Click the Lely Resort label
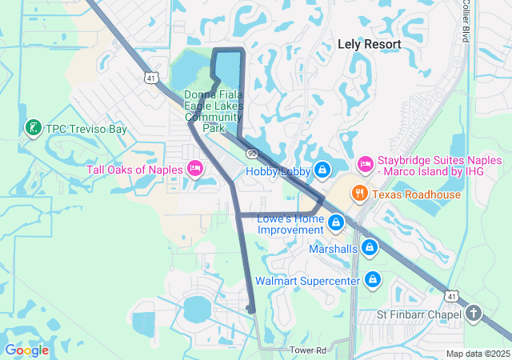pyautogui.click(x=368, y=45)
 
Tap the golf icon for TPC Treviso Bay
pyautogui.click(x=33, y=128)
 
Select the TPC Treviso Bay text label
pyautogui.click(x=86, y=129)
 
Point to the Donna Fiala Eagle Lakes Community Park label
pyautogui.click(x=213, y=110)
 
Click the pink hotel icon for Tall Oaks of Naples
pyautogui.click(x=194, y=168)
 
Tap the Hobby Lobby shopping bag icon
pyautogui.click(x=322, y=170)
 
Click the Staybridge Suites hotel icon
pyautogui.click(x=365, y=164)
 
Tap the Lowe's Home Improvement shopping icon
pyautogui.click(x=337, y=222)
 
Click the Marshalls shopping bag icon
pyautogui.click(x=370, y=249)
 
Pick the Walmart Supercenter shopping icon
pyautogui.click(x=372, y=280)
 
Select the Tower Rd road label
pyautogui.click(x=309, y=350)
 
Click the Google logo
pyautogui.click(x=26, y=350)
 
